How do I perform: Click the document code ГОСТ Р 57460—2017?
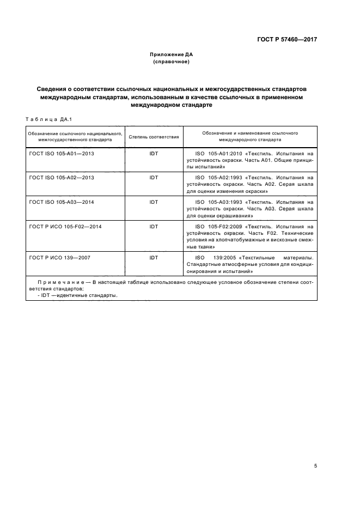coord(287,40)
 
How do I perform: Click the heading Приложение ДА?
coord(172,55)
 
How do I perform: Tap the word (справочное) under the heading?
coord(172,62)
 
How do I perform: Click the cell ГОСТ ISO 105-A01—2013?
coord(62,154)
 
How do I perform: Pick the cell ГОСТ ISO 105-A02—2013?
coord(62,178)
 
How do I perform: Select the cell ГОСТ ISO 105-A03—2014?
coord(62,202)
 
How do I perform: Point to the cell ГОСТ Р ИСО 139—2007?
coord(60,257)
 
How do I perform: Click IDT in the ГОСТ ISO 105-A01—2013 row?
coord(154,154)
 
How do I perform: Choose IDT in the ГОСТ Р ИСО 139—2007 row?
coord(154,257)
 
